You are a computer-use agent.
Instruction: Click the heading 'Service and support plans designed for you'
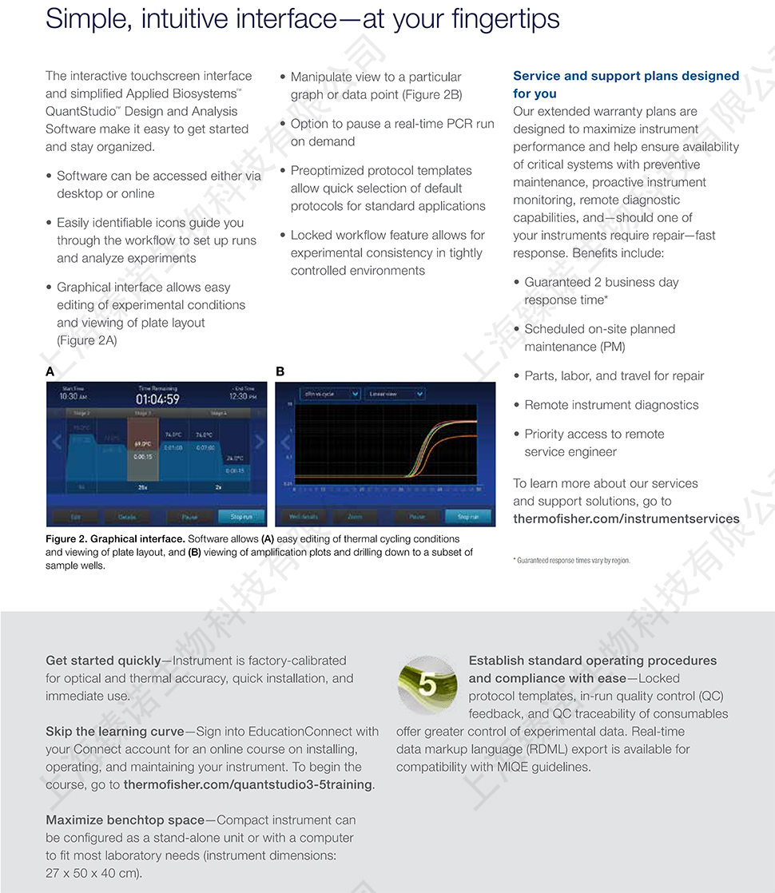pyautogui.click(x=626, y=84)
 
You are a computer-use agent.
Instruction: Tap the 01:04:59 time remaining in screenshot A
pyautogui.click(x=157, y=399)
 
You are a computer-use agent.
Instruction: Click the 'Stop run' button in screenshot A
pyautogui.click(x=241, y=517)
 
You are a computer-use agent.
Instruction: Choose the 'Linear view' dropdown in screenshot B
pyautogui.click(x=395, y=394)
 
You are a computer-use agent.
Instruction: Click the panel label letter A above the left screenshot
pyautogui.click(x=50, y=371)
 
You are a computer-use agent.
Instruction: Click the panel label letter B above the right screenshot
pyautogui.click(x=280, y=371)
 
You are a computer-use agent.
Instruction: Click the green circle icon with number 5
pyautogui.click(x=427, y=685)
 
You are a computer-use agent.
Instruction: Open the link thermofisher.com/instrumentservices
pyautogui.click(x=626, y=519)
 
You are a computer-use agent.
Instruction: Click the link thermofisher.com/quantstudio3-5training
pyautogui.click(x=248, y=784)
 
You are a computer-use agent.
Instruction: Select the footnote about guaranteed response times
pyautogui.click(x=571, y=561)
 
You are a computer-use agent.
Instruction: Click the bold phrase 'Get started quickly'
pyautogui.click(x=103, y=661)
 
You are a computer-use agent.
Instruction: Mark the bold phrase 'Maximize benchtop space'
pyautogui.click(x=125, y=820)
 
